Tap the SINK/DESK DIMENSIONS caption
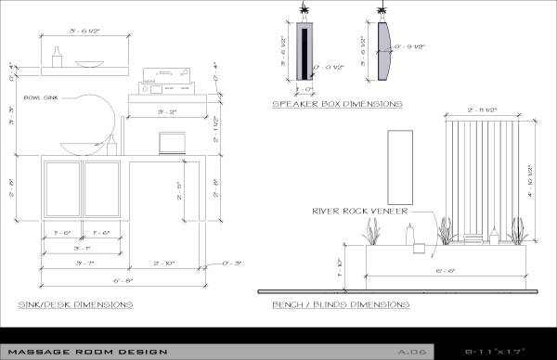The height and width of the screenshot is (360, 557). tap(75, 304)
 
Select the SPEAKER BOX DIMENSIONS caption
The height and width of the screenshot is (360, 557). tap(337, 104)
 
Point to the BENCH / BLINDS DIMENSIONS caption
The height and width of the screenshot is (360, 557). tap(340, 304)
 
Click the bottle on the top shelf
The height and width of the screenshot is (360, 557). tap(55, 59)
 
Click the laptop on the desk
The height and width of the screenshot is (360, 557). tap(172, 143)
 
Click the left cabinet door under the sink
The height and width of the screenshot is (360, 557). tap(63, 189)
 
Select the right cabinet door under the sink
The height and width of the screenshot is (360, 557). tap(103, 189)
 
